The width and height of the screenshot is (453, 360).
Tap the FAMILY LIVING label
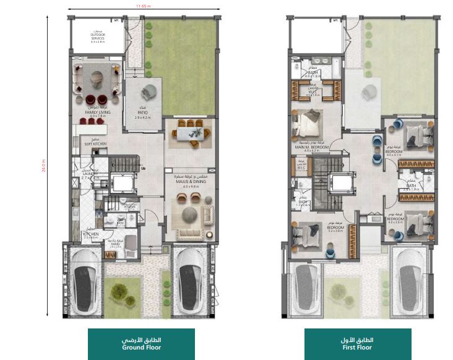pos(98,113)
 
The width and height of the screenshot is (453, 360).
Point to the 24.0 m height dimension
pos(45,167)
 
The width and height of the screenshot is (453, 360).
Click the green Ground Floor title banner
pos(141,344)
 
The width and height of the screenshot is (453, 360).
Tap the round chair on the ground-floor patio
pos(149,93)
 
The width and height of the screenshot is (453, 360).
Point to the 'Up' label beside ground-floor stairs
pos(144,168)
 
